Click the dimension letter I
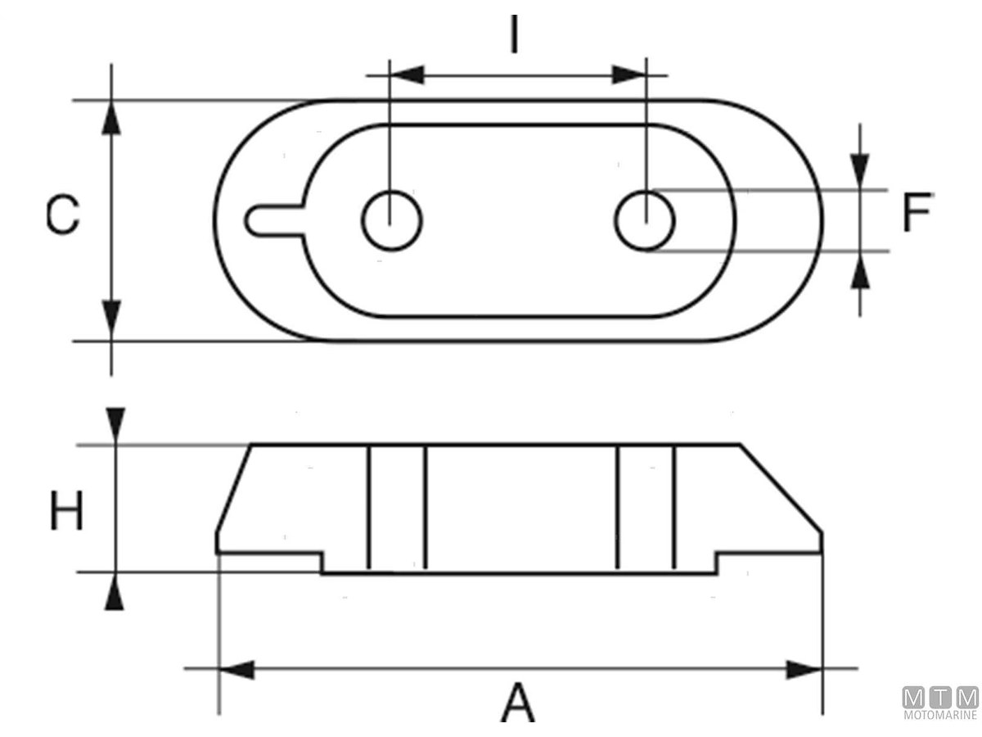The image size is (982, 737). [514, 34]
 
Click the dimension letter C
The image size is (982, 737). [63, 214]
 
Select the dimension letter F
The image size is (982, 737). [917, 212]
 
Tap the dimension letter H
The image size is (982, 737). [66, 510]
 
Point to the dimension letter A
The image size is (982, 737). [518, 703]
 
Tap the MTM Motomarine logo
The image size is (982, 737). [940, 703]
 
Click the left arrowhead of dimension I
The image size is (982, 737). [407, 75]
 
